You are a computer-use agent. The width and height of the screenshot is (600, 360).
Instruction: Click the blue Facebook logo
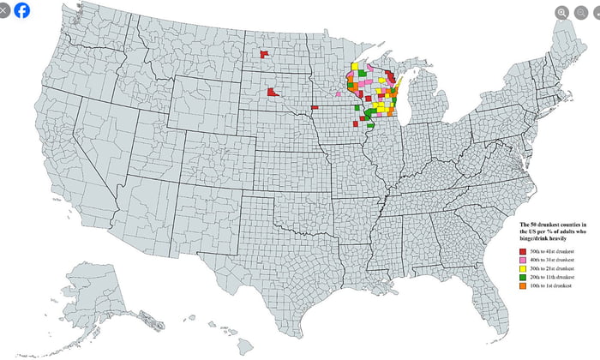(21, 11)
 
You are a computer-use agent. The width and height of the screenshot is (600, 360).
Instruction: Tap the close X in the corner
(5, 11)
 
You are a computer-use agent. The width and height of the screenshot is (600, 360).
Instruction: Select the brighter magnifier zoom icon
(561, 13)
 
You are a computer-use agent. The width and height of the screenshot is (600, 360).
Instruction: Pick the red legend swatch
(525, 249)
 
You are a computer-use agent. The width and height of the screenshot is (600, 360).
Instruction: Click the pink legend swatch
(525, 259)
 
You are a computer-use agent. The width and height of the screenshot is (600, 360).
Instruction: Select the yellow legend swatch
(525, 269)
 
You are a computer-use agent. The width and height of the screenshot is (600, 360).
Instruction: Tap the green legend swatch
(525, 279)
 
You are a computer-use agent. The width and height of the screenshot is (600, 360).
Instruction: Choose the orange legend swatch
(525, 286)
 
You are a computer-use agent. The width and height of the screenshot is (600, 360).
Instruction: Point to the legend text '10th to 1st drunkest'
(554, 286)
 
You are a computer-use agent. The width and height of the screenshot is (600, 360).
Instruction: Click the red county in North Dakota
(263, 55)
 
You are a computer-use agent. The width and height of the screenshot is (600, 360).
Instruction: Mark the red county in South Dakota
(272, 92)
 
